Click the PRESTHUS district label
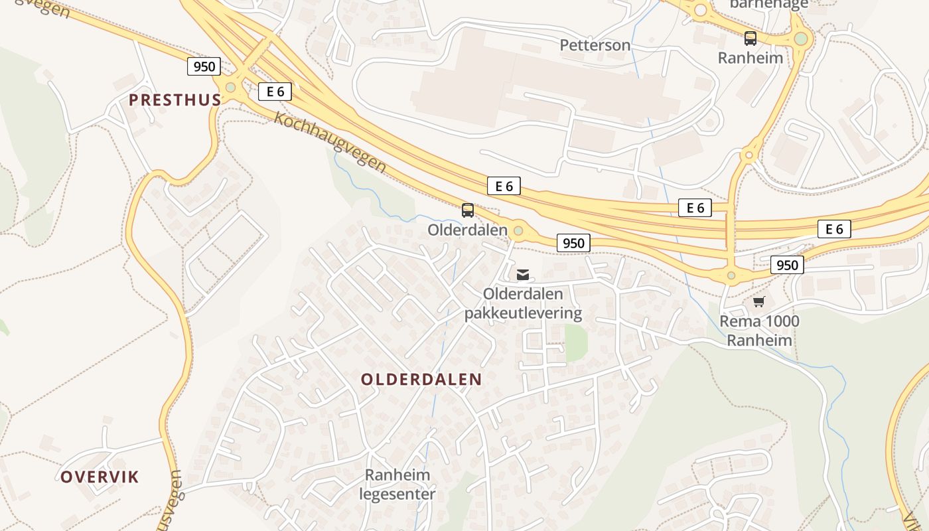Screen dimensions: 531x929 [x=175, y=100]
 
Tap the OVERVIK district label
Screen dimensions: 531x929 [x=100, y=477]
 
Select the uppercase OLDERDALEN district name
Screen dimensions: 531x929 [x=421, y=380]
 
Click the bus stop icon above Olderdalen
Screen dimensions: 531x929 [x=468, y=210]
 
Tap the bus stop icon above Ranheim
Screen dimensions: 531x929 [x=750, y=38]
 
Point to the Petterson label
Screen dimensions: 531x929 [x=595, y=45]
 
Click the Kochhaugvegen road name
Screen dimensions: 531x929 [x=330, y=142]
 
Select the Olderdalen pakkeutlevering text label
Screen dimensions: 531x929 [x=523, y=303]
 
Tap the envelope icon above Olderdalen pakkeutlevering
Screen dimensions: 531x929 [x=523, y=274]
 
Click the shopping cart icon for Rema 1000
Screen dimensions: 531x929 [x=759, y=301]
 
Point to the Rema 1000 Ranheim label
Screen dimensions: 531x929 [x=760, y=331]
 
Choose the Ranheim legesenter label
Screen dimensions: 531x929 [x=397, y=485]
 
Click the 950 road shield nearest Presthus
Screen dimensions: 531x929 [x=204, y=66]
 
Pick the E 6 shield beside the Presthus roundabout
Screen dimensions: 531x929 [x=275, y=92]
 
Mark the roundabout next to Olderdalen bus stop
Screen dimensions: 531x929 [x=518, y=230]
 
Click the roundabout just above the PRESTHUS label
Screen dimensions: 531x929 [x=230, y=87]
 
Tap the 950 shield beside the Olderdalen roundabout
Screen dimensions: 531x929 [x=573, y=243]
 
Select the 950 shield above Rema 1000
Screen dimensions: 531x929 [x=787, y=265]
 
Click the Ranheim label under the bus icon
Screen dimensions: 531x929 [x=750, y=58]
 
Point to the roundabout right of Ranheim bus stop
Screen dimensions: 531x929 [x=801, y=38]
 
